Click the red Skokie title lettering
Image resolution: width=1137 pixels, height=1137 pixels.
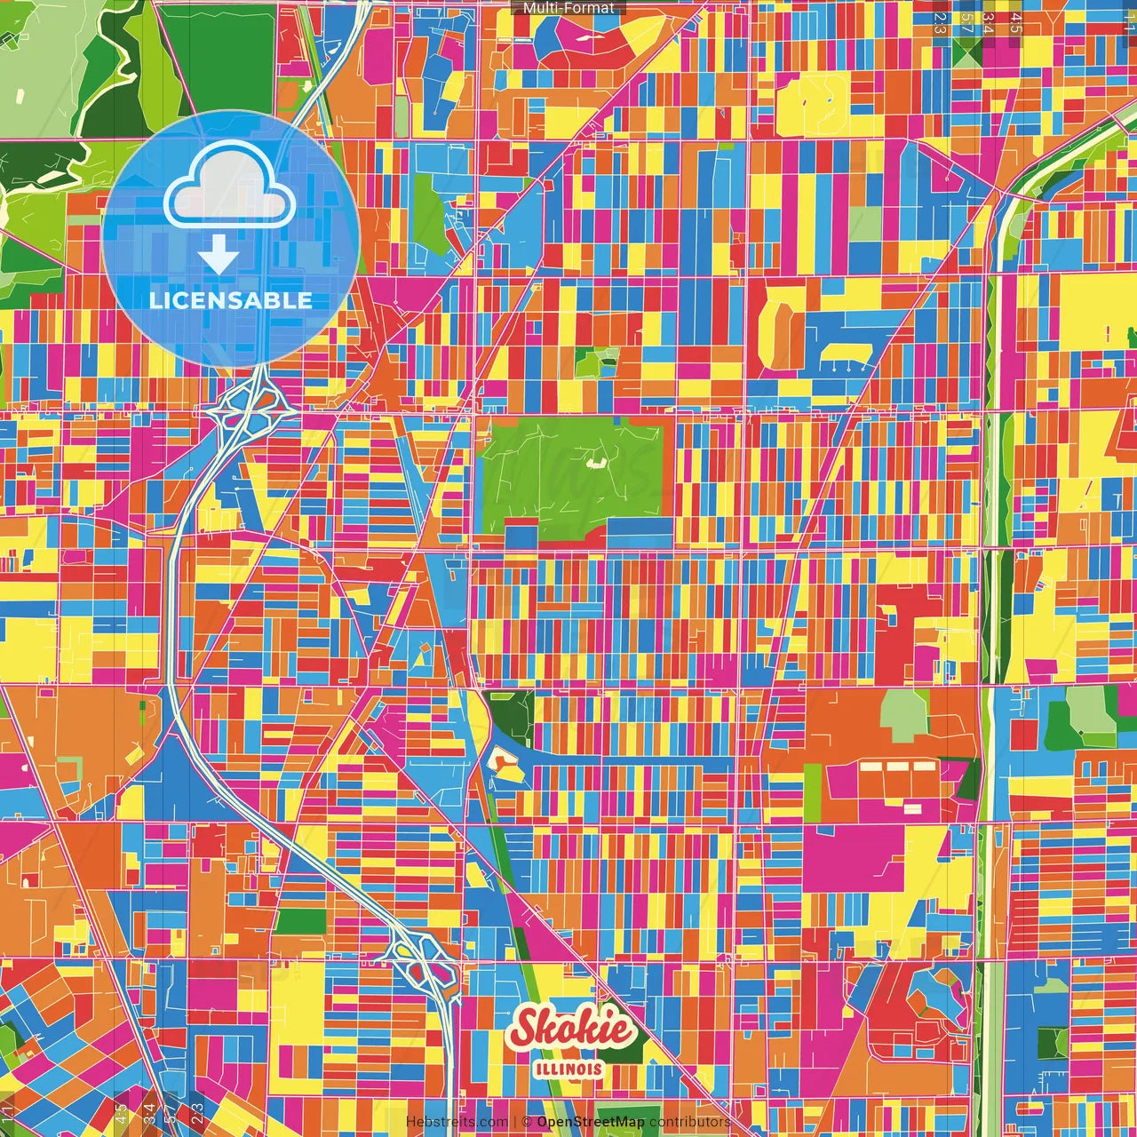click(x=572, y=1030)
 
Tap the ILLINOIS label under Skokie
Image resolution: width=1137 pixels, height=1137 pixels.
click(x=569, y=1069)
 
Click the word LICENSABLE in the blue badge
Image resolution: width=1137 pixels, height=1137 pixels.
click(x=231, y=300)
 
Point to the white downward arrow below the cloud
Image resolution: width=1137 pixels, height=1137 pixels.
click(x=219, y=256)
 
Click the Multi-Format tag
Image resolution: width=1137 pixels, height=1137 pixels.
click(x=568, y=8)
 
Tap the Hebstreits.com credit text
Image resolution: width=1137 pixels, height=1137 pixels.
click(x=457, y=1122)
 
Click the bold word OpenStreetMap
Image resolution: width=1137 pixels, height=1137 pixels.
click(x=591, y=1122)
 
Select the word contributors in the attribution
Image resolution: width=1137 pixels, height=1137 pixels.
click(x=690, y=1122)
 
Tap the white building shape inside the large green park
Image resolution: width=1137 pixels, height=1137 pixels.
click(x=594, y=462)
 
